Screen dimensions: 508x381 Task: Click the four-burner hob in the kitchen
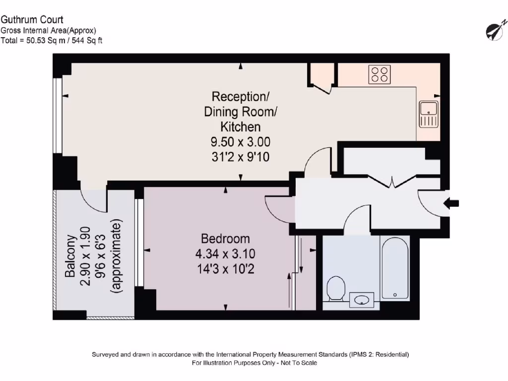(x=380, y=74)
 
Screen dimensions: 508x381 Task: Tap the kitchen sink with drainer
(x=429, y=114)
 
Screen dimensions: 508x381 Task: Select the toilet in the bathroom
(x=336, y=289)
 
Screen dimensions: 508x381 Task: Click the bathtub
(x=395, y=268)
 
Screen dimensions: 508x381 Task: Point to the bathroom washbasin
(x=362, y=300)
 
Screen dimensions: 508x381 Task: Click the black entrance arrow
(x=451, y=203)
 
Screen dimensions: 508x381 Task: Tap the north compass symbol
(x=496, y=30)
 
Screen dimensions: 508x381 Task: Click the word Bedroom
(x=226, y=239)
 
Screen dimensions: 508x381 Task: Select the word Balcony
(x=70, y=256)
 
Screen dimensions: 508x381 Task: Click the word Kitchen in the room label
(x=241, y=127)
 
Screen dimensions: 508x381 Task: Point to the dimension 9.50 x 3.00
(x=241, y=142)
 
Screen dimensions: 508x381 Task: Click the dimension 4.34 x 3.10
(x=225, y=254)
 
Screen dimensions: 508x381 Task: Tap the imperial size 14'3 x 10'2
(x=226, y=269)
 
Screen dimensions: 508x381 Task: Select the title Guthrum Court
(x=32, y=20)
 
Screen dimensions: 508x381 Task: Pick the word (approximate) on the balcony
(x=116, y=256)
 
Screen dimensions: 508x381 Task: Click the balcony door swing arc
(x=89, y=200)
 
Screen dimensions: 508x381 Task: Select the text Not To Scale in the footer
(x=299, y=363)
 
